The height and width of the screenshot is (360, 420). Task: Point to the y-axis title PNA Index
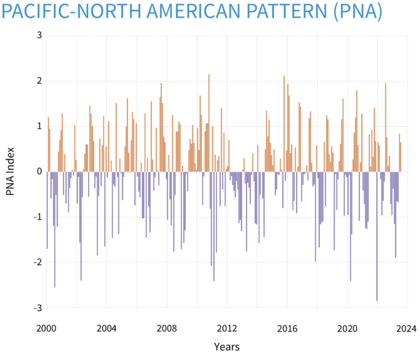(10, 172)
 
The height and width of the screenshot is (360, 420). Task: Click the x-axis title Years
(226, 346)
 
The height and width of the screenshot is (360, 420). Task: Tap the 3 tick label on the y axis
(37, 35)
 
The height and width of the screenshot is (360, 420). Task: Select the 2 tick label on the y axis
(37, 81)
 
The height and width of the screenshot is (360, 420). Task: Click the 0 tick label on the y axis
(37, 172)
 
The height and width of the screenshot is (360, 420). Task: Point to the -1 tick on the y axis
(35, 217)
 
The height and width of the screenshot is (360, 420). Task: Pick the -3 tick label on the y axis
(35, 308)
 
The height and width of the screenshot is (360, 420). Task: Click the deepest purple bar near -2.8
(377, 236)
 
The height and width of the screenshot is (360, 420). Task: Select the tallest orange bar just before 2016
(284, 123)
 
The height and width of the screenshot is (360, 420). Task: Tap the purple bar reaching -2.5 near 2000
(55, 229)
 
